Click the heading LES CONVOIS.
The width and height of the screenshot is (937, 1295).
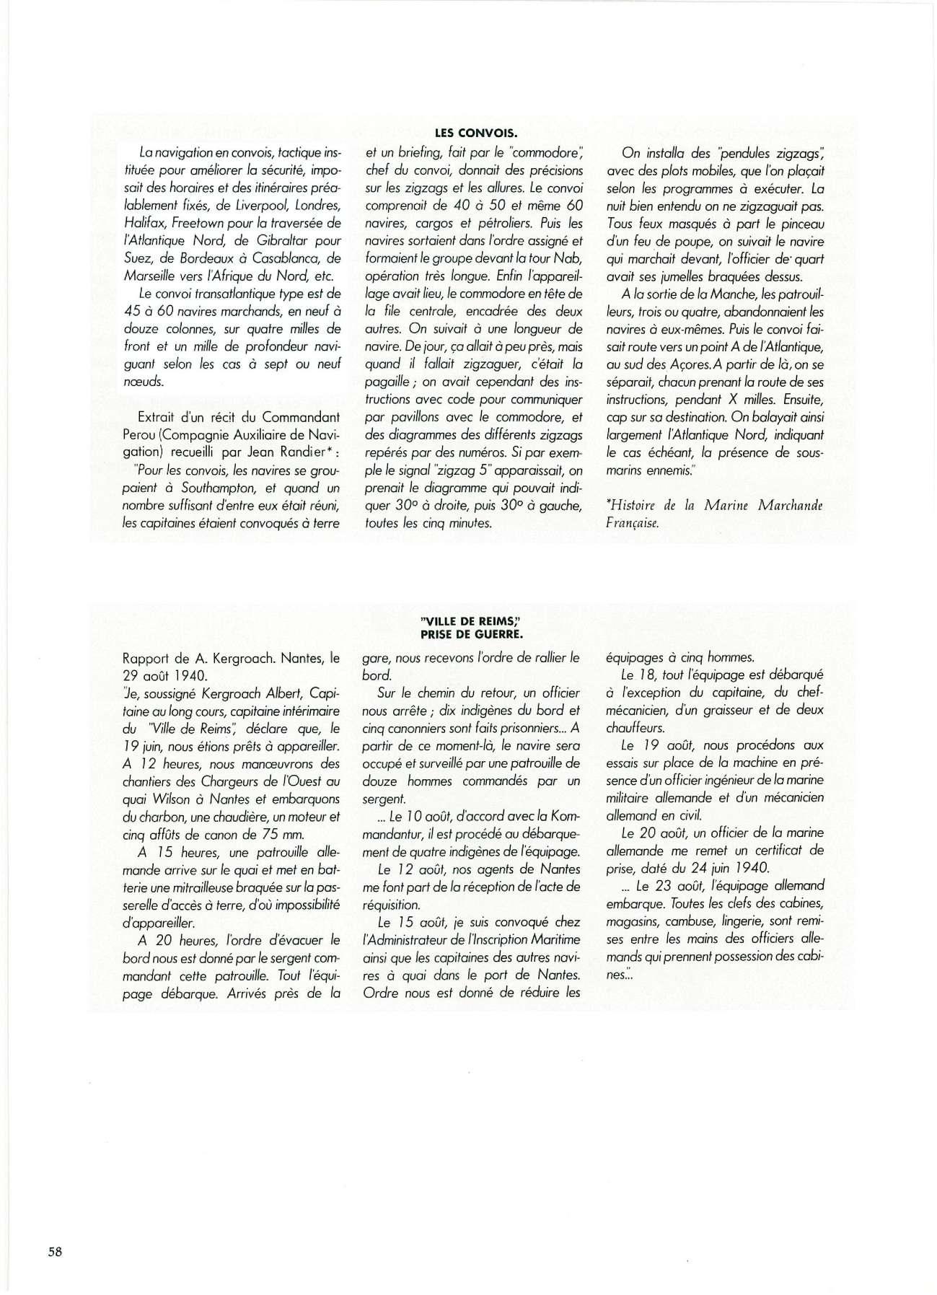[x=476, y=133]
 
